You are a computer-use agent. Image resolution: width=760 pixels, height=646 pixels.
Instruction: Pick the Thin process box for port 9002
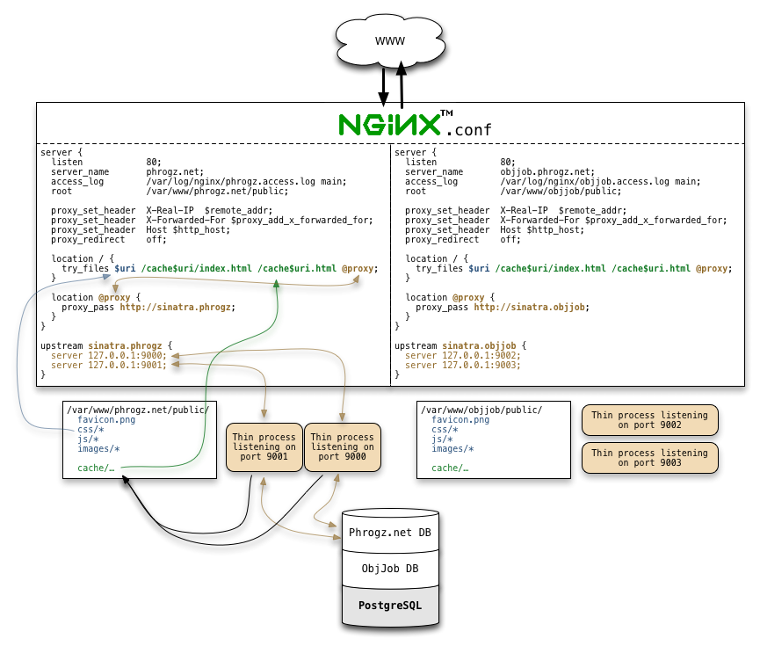(x=648, y=420)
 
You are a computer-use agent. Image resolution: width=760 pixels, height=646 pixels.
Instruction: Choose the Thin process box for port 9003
(x=648, y=458)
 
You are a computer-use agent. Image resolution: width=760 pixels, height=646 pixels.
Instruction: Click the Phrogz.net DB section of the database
(x=389, y=533)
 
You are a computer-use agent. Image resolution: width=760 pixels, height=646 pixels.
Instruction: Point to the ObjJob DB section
(x=389, y=569)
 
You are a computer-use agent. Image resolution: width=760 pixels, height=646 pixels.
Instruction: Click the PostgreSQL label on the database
(x=389, y=606)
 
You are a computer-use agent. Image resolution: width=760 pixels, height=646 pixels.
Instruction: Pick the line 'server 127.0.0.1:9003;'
(x=462, y=365)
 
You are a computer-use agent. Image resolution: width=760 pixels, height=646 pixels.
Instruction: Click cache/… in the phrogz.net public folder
(x=96, y=468)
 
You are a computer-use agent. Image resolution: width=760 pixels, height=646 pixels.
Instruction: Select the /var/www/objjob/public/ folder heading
(x=481, y=410)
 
